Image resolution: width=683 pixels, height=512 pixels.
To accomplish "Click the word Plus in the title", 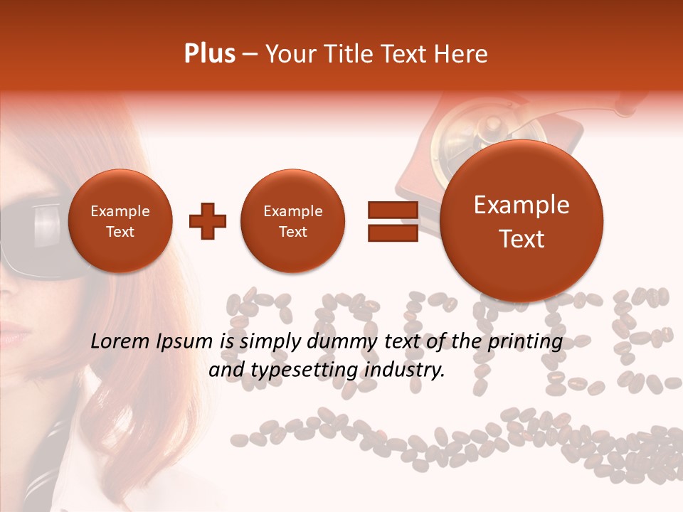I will coord(209,54).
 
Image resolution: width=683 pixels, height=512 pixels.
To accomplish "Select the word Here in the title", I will coord(461,54).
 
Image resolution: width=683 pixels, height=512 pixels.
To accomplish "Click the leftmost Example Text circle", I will coord(120,221).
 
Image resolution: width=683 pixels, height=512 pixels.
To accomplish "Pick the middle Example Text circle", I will coord(292,221).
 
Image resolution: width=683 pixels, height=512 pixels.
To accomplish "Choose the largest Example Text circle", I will coord(521,221).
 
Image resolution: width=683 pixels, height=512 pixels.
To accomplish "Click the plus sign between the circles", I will coord(207,221).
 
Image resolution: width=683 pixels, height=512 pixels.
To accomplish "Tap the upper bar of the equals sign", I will coord(392,209).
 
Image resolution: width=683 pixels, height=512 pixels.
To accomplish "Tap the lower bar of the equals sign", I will coord(392,233).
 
